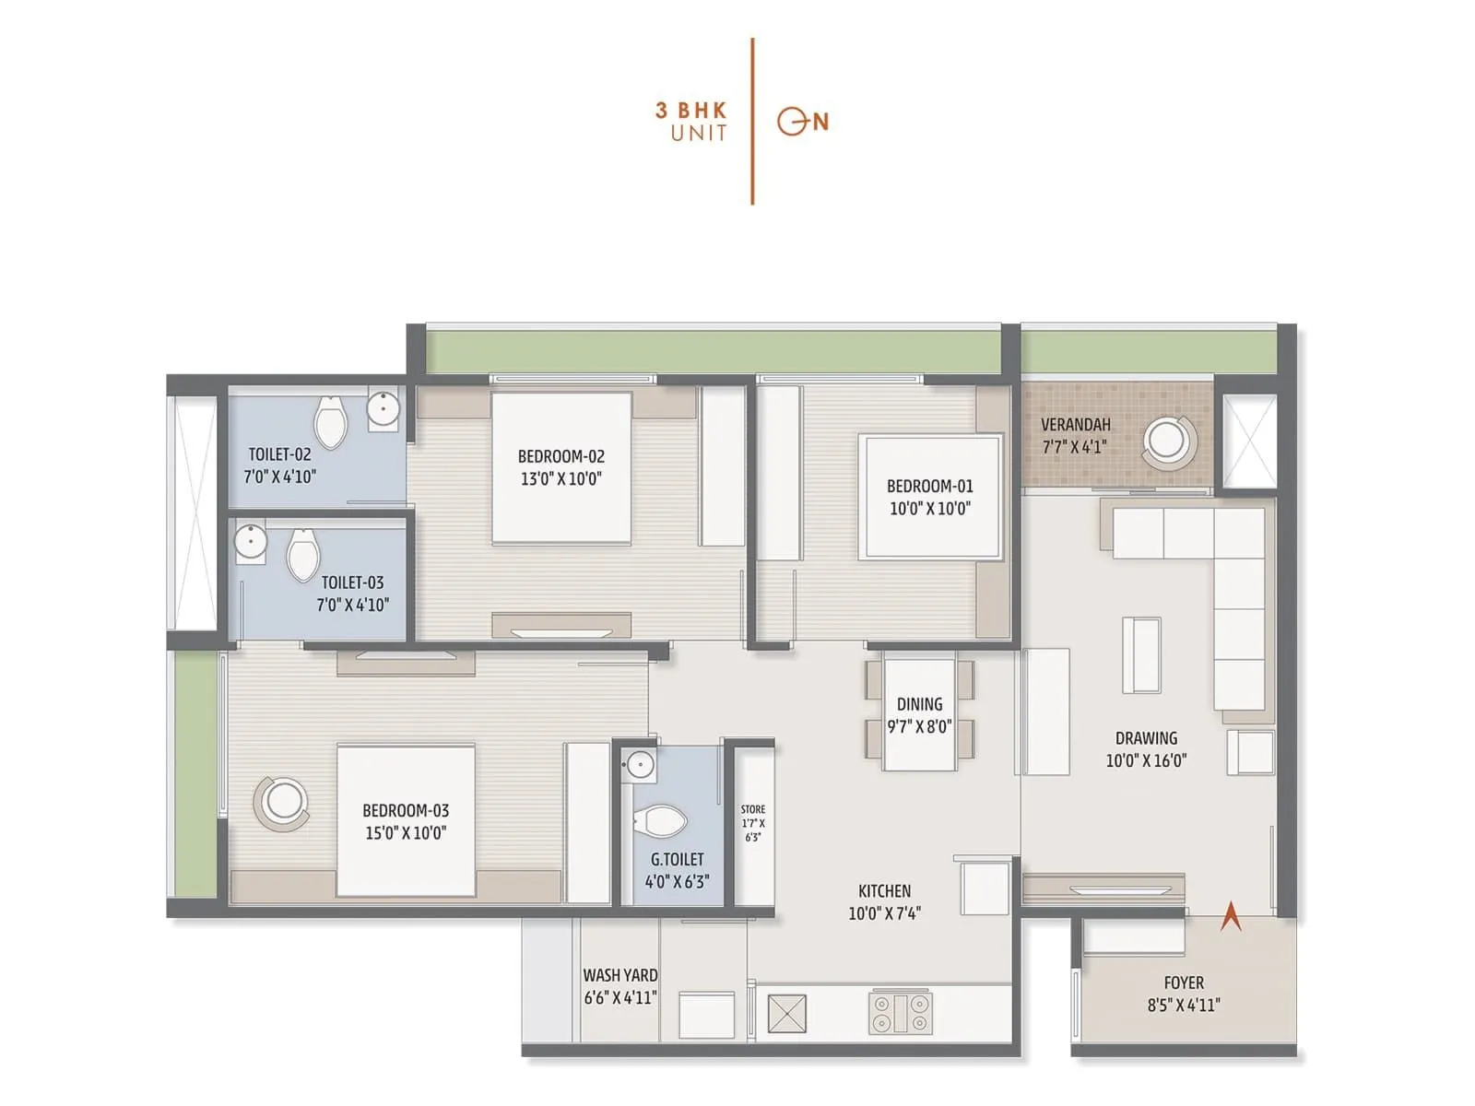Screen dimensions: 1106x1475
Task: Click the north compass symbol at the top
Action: (802, 121)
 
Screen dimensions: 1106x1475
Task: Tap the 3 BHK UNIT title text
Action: (691, 121)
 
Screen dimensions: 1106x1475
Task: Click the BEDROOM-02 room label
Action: (560, 456)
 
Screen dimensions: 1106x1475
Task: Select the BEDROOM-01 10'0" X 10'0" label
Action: (929, 497)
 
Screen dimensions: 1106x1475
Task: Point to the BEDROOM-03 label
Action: (406, 811)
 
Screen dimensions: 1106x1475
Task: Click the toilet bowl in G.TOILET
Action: (662, 819)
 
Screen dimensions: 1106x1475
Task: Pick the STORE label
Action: (753, 809)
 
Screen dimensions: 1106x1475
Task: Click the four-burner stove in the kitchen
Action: (901, 1012)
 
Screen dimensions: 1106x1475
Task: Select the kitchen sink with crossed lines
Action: (786, 1013)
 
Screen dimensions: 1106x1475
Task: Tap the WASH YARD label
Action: (620, 975)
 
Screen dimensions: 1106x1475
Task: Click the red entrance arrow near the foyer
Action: (1231, 917)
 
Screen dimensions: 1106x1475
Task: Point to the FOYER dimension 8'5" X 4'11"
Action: (1184, 1005)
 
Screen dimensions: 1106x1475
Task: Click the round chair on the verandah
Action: (1168, 441)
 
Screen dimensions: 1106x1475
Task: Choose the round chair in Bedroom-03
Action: (282, 801)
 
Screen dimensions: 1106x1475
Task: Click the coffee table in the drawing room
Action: (1141, 654)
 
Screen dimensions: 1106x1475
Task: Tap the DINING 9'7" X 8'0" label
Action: (919, 715)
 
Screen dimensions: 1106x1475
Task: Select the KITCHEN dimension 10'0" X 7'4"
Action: (884, 912)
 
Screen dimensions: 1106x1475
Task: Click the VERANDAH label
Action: (1075, 425)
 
